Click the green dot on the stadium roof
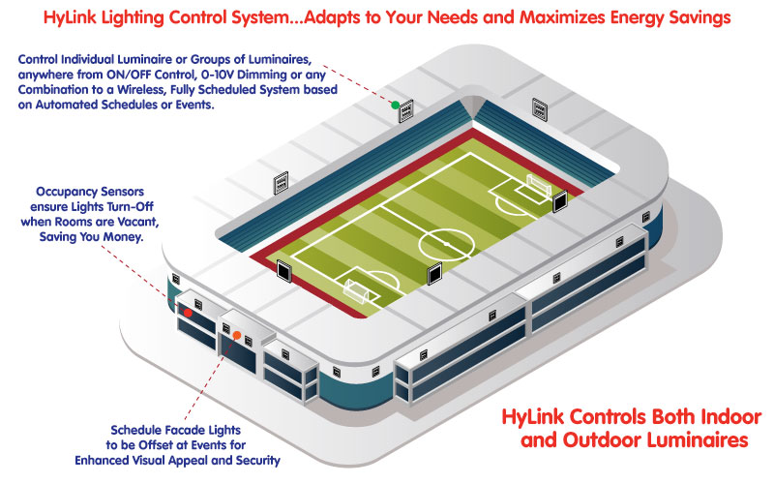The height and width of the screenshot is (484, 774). (395, 105)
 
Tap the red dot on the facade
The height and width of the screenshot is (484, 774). (188, 313)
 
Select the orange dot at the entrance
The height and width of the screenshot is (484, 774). (237, 335)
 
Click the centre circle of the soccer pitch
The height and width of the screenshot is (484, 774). (446, 245)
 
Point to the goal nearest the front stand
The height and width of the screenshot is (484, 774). (356, 291)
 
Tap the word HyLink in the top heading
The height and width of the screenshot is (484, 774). (72, 17)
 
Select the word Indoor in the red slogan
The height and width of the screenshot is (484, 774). (730, 417)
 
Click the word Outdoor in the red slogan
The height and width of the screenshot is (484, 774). (602, 439)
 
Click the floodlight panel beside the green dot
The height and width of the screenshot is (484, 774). (405, 110)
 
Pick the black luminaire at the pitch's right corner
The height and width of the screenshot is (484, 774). (560, 201)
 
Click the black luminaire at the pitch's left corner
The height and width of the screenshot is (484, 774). (283, 271)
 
